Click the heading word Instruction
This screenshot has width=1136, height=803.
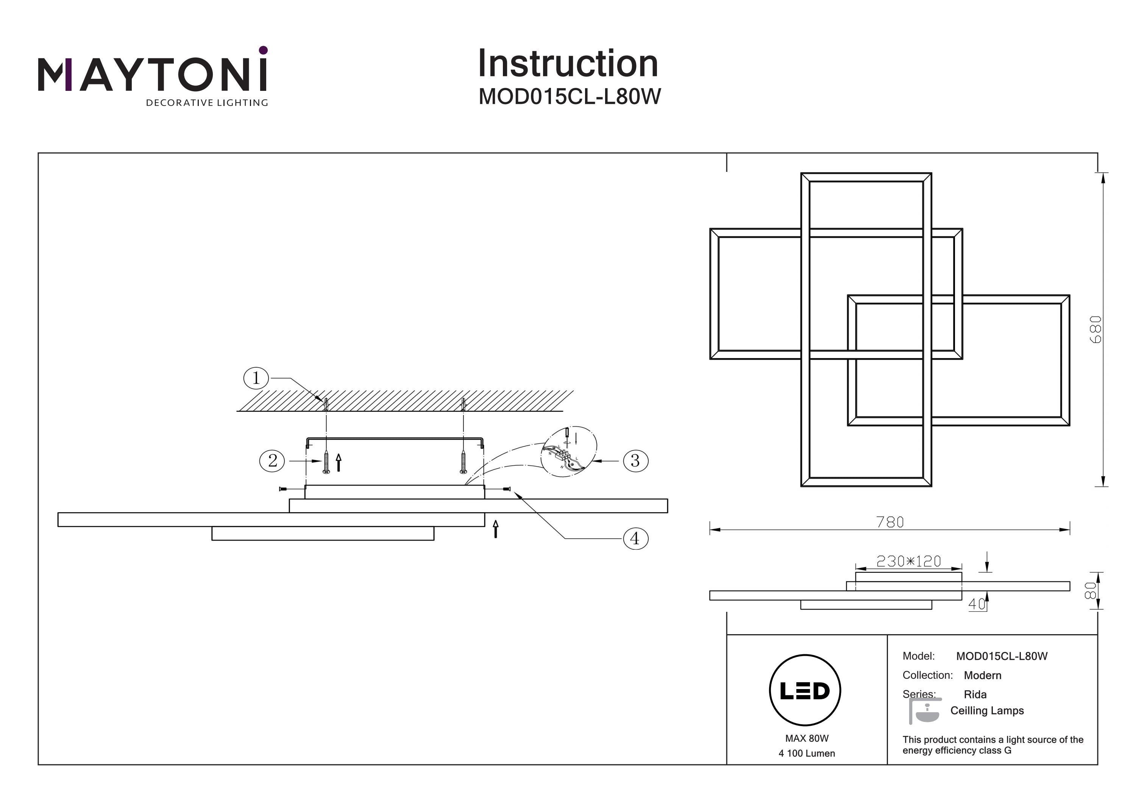pyautogui.click(x=568, y=64)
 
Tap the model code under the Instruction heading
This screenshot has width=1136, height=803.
pyautogui.click(x=570, y=97)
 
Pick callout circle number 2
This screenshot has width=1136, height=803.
pyautogui.click(x=272, y=461)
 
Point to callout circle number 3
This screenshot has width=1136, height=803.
pyautogui.click(x=635, y=461)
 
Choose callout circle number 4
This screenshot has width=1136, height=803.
pyautogui.click(x=635, y=538)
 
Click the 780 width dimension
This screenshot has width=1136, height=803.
pyautogui.click(x=889, y=522)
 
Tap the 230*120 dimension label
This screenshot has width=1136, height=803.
pyautogui.click(x=908, y=561)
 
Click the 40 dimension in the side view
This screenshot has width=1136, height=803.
pyautogui.click(x=977, y=604)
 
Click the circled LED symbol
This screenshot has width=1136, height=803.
pyautogui.click(x=805, y=691)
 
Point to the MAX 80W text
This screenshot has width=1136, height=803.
pyautogui.click(x=807, y=739)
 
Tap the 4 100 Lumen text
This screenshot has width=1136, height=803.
pyautogui.click(x=807, y=753)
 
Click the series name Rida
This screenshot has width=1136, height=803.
pyautogui.click(x=975, y=695)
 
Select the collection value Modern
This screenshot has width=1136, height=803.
pyautogui.click(x=983, y=675)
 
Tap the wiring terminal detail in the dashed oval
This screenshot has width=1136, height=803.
pyautogui.click(x=568, y=452)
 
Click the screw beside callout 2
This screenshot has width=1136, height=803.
pyautogui.click(x=326, y=462)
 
